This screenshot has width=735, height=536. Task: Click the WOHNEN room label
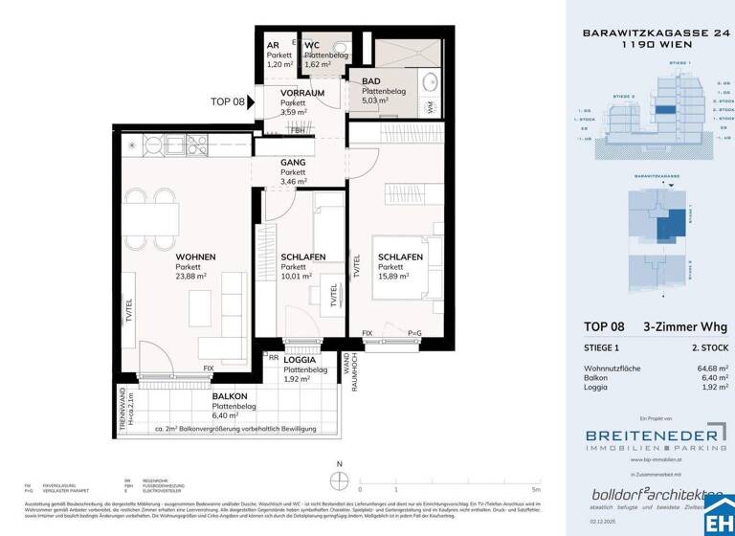[194, 257]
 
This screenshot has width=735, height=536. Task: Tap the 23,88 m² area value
[195, 277]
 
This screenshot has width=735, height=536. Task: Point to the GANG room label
[293, 164]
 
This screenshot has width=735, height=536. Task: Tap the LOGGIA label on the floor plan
[301, 359]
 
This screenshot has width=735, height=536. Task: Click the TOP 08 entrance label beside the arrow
[227, 101]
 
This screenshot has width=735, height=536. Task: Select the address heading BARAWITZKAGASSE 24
[651, 33]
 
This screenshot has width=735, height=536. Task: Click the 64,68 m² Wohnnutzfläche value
[711, 368]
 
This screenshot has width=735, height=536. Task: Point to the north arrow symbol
[338, 477]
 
